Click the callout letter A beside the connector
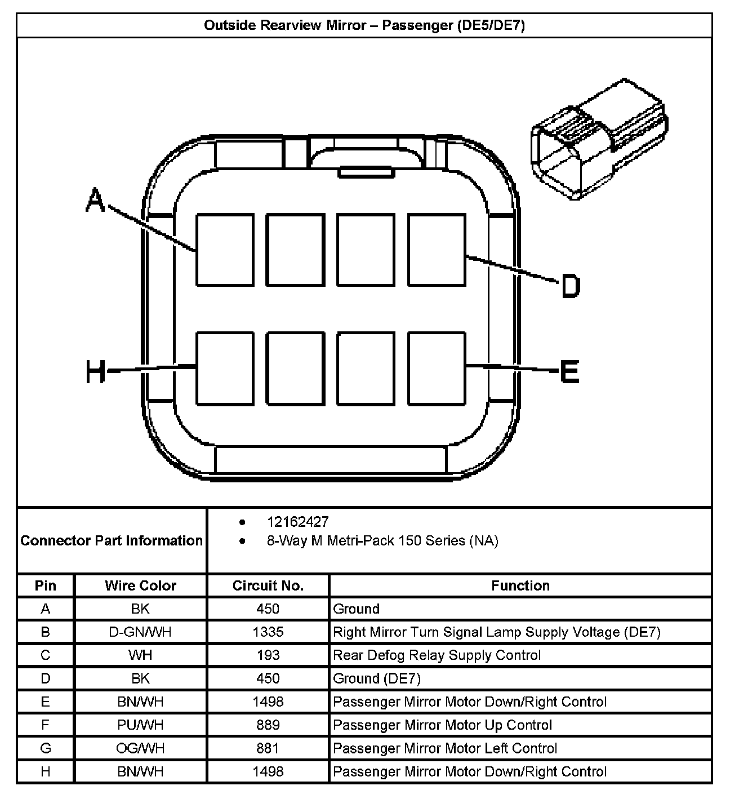pyautogui.click(x=96, y=201)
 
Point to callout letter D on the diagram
pyautogui.click(x=570, y=286)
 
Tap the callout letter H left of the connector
pyautogui.click(x=96, y=372)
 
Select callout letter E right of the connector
pyautogui.click(x=569, y=372)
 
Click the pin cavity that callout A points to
pyautogui.click(x=225, y=250)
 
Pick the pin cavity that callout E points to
pyautogui.click(x=437, y=368)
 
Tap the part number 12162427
pyautogui.click(x=297, y=522)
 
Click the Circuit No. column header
pyautogui.click(x=268, y=586)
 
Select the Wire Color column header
pyautogui.click(x=140, y=586)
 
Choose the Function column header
pyautogui.click(x=520, y=586)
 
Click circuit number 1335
pyautogui.click(x=268, y=632)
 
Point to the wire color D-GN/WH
pyautogui.click(x=140, y=632)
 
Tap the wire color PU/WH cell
pyautogui.click(x=140, y=725)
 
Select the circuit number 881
pyautogui.click(x=268, y=748)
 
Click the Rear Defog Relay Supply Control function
pyautogui.click(x=437, y=655)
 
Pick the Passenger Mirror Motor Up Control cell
pyautogui.click(x=443, y=725)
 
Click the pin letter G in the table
pyautogui.click(x=46, y=748)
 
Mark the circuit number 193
pyautogui.click(x=268, y=655)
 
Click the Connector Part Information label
pyautogui.click(x=112, y=541)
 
